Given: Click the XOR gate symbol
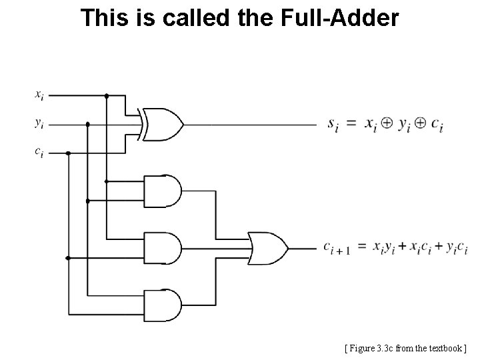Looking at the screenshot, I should [x=162, y=124].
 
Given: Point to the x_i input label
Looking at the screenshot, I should [x=40, y=95].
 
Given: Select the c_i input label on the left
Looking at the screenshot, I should [x=40, y=153].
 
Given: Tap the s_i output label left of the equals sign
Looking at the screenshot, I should [x=333, y=124].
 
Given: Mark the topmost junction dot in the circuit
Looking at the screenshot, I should [x=107, y=95].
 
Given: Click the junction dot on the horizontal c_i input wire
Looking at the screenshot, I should [x=69, y=153].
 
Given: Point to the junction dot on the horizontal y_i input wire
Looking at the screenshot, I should [x=87, y=124].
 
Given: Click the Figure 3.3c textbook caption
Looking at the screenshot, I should [x=406, y=347].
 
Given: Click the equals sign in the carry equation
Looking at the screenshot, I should [x=362, y=247].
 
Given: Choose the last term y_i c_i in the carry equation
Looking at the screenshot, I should [x=456, y=248].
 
